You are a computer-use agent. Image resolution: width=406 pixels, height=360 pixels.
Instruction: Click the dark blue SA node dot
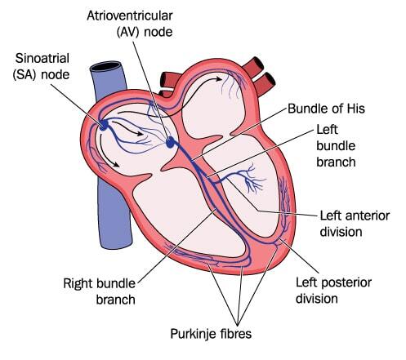pyautogui.click(x=104, y=125)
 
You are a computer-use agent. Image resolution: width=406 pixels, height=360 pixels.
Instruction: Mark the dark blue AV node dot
pyautogui.click(x=171, y=142)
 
